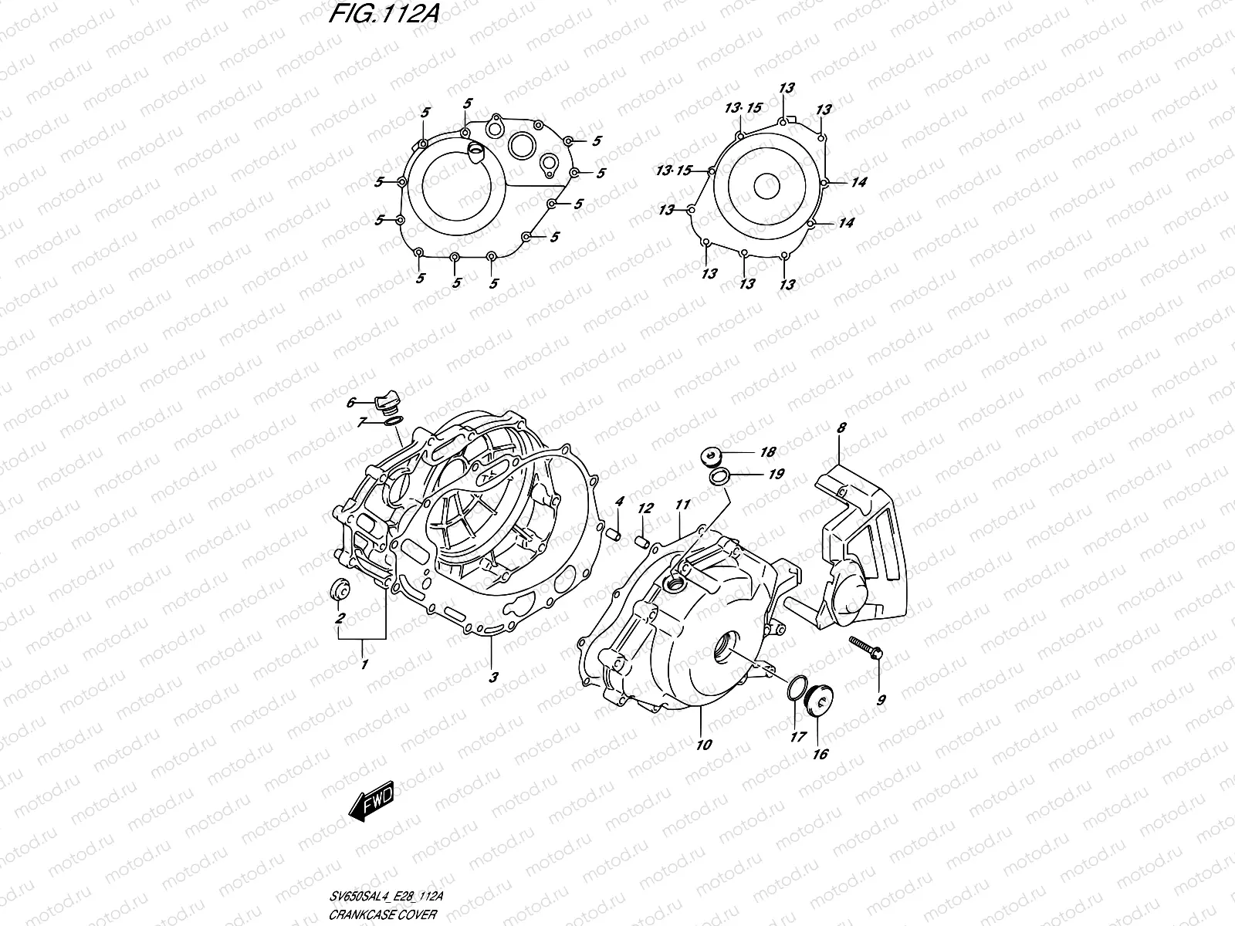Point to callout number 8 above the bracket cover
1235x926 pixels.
pos(841,427)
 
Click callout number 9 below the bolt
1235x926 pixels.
pos(882,701)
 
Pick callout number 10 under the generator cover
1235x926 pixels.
pos(704,745)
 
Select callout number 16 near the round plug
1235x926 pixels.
pos(820,753)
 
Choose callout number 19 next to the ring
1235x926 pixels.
pos(776,474)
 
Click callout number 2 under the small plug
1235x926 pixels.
pos(339,619)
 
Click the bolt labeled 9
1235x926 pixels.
pos(865,647)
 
